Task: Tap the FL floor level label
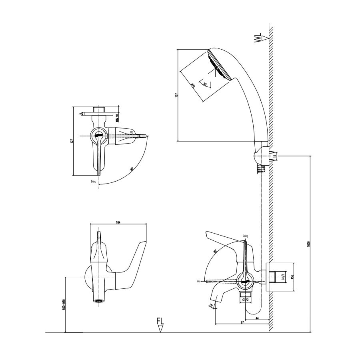coord(160,322)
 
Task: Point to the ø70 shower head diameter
coord(192,85)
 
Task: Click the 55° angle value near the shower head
coord(206,84)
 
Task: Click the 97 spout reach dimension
coord(242,322)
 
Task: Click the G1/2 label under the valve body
coord(246,299)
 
